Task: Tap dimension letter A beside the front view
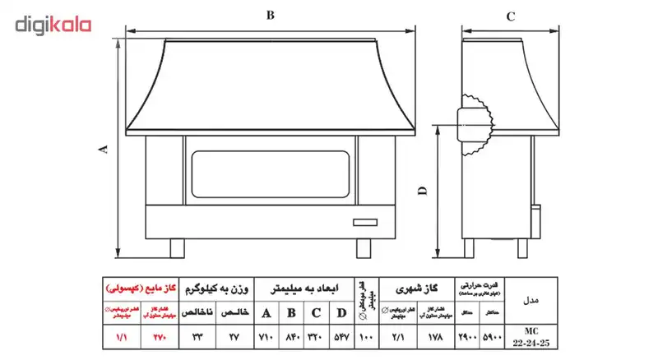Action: point(103,148)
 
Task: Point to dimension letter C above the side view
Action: point(510,16)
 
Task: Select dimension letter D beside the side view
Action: point(422,191)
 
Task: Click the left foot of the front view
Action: point(176,247)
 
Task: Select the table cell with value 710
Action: point(266,337)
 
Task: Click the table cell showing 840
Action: point(290,337)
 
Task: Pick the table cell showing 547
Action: point(341,337)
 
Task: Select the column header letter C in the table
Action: point(316,313)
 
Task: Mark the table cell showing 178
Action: point(436,337)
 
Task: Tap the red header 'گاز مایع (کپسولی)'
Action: point(138,289)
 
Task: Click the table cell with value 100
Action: point(366,337)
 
